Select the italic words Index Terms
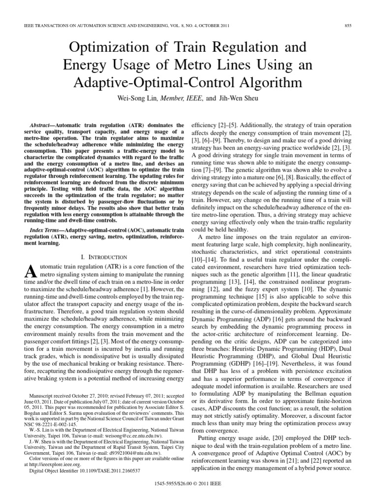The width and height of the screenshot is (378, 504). click(46, 231)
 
